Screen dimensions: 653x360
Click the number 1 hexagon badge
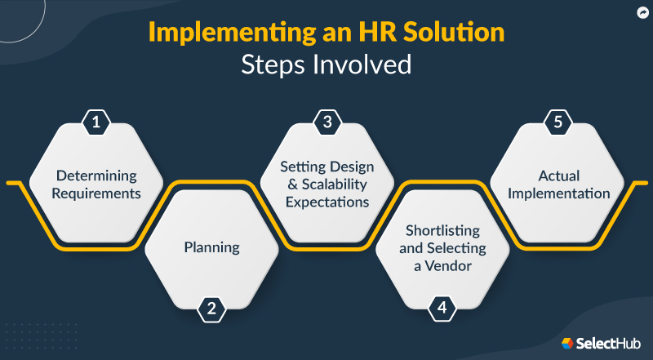pyautogui.click(x=96, y=122)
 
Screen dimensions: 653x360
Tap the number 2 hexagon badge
pyautogui.click(x=211, y=309)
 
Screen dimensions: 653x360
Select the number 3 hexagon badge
pyautogui.click(x=327, y=122)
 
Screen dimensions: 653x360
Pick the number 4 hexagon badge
pyautogui.click(x=442, y=309)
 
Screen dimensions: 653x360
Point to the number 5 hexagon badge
pyautogui.click(x=558, y=122)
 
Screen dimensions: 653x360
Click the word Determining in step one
pyautogui.click(x=96, y=176)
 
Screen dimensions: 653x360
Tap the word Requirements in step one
pyautogui.click(x=96, y=194)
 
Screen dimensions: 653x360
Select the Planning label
pyautogui.click(x=211, y=247)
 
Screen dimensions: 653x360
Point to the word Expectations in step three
pyautogui.click(x=327, y=202)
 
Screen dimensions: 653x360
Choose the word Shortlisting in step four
pyautogui.click(x=442, y=230)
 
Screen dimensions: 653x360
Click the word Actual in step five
pyautogui.click(x=558, y=176)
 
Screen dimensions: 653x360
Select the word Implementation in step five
pyautogui.click(x=558, y=193)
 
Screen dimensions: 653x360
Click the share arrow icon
pyautogui.click(x=642, y=13)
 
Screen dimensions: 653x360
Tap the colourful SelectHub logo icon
pyautogui.click(x=566, y=344)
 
